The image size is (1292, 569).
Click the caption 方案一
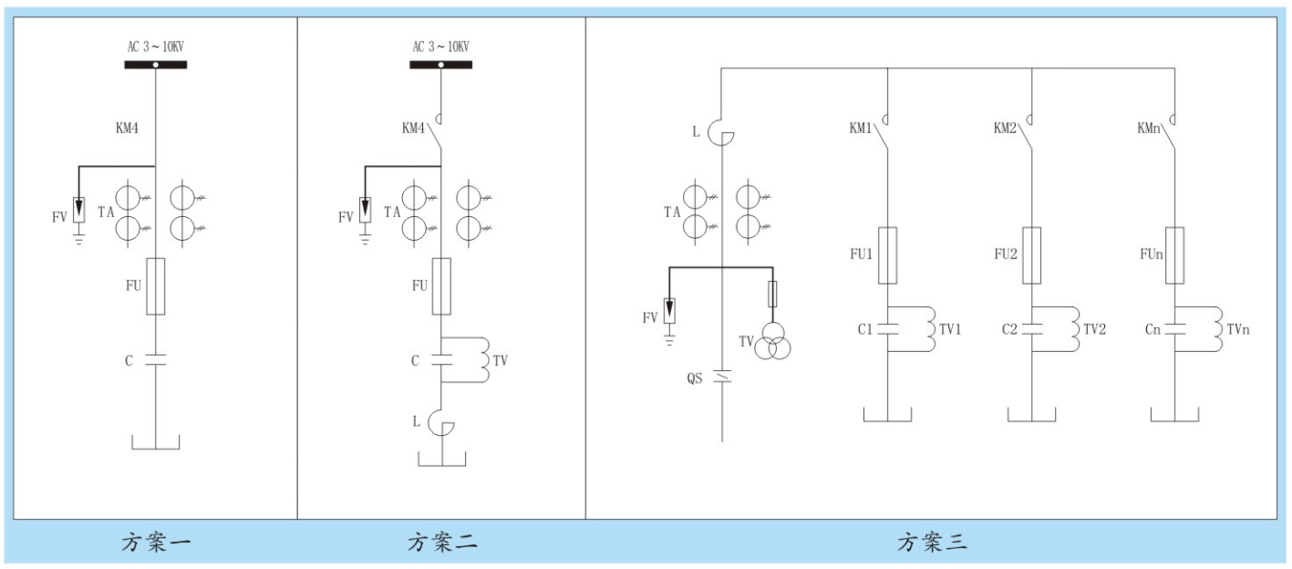click(x=156, y=543)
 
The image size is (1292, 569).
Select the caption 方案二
click(x=441, y=543)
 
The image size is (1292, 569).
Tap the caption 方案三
click(x=932, y=543)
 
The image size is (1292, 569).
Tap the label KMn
click(x=1151, y=129)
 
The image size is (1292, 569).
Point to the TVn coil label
click(x=1237, y=329)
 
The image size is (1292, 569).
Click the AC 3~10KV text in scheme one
click(x=155, y=47)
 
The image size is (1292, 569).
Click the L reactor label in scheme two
click(x=416, y=422)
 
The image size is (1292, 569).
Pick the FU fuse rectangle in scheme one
click(x=156, y=286)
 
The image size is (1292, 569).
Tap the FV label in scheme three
click(x=649, y=317)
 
